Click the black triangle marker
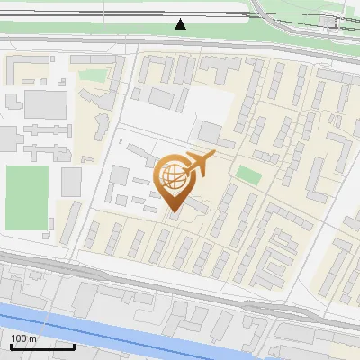181,24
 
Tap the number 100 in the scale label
19,338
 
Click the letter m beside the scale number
32,338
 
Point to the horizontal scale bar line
41,346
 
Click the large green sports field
26,196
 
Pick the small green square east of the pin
248,175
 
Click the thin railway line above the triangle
180,11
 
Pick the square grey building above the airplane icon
210,134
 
